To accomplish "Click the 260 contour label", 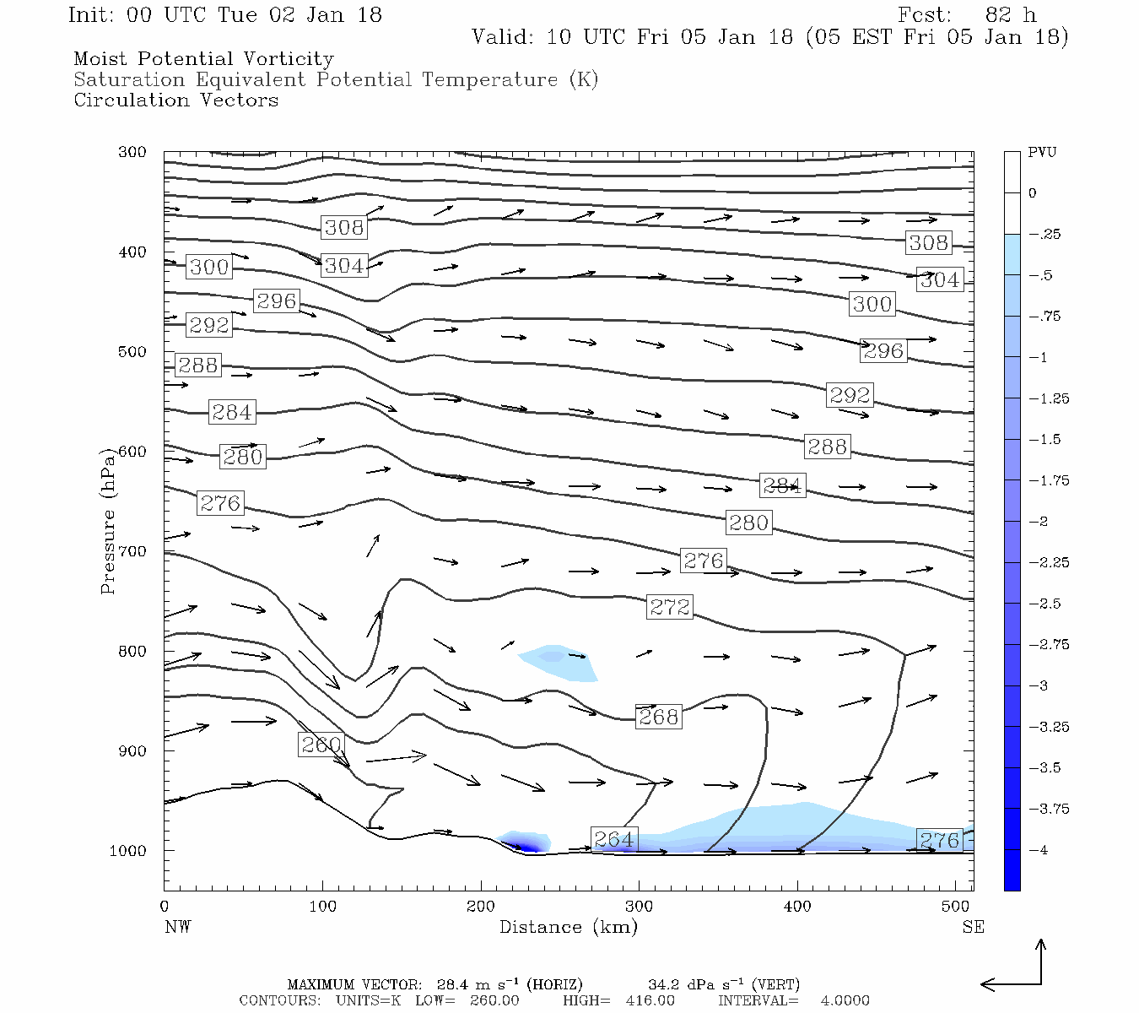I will (321, 745).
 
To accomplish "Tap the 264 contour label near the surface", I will (613, 839).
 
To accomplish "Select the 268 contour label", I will (658, 717).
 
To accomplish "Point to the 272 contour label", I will (670, 607).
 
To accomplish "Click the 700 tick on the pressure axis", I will (132, 551).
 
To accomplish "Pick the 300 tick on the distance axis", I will (639, 907).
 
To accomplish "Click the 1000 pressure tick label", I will (127, 850).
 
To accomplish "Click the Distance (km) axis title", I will (569, 927).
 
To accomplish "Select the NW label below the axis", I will (177, 927).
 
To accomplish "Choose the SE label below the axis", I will (973, 927).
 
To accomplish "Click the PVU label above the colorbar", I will (1042, 153).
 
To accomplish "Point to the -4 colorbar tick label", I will (1038, 850).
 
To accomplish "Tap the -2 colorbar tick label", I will (1038, 522).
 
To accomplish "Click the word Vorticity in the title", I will (289, 59).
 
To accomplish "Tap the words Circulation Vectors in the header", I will (175, 100).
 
